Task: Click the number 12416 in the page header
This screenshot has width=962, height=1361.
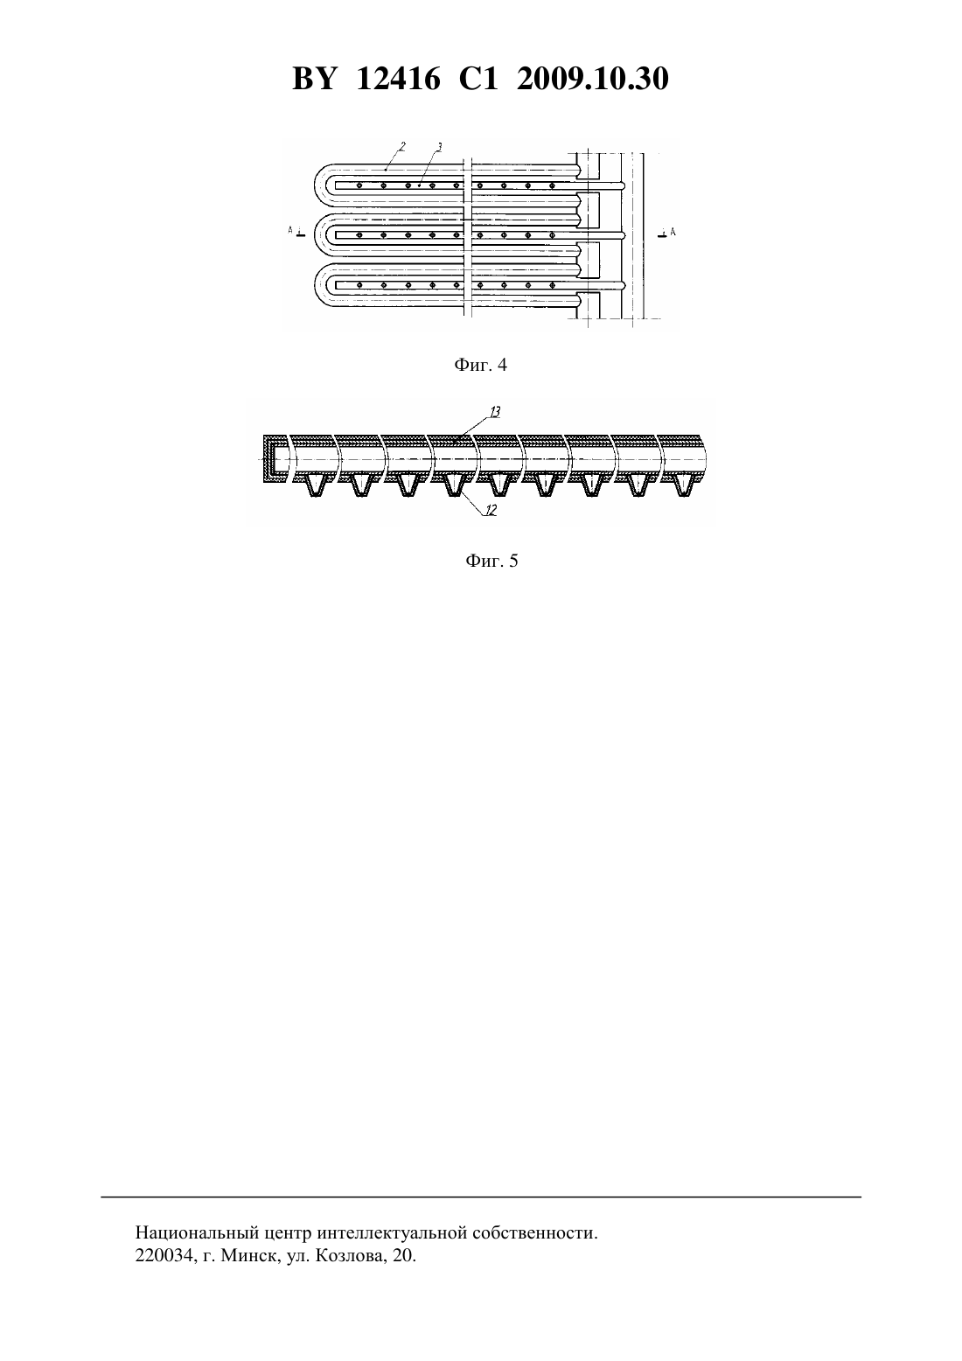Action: (398, 79)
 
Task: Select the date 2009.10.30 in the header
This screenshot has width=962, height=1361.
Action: (593, 79)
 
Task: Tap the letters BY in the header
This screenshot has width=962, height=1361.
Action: (314, 79)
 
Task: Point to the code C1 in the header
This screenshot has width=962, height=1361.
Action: (478, 79)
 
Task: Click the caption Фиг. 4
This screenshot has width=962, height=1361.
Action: (480, 365)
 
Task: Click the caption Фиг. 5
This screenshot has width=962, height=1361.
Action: (491, 560)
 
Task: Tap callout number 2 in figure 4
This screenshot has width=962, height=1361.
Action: (402, 146)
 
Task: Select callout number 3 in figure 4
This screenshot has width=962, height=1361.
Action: (439, 146)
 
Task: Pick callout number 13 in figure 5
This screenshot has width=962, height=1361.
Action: (495, 412)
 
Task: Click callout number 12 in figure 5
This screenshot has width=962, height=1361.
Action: (491, 511)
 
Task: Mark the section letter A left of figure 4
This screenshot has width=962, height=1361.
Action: (291, 230)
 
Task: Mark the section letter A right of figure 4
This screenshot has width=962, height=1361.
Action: (673, 231)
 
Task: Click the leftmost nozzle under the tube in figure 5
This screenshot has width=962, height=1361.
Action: (315, 485)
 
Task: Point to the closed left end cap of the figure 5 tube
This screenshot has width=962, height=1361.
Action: (269, 458)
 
